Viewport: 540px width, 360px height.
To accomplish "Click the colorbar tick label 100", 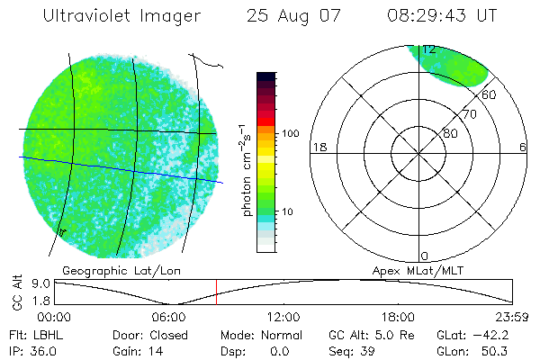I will click(x=289, y=133).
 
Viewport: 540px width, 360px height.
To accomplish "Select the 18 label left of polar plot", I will click(x=318, y=147).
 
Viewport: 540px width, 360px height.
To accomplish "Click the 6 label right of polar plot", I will click(x=523, y=147).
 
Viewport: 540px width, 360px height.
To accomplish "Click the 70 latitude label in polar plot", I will click(x=469, y=114).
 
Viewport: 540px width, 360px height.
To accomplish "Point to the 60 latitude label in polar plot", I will click(x=489, y=94).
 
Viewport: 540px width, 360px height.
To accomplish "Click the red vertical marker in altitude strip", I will click(x=216, y=291).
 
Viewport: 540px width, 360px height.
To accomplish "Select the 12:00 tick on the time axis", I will click(x=284, y=317).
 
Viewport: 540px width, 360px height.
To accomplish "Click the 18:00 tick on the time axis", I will click(x=399, y=317).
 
